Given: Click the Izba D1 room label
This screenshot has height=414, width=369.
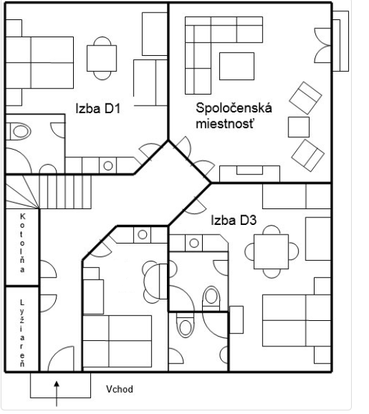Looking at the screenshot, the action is click(98, 108).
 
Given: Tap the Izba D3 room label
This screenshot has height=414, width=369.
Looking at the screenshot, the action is click(234, 220).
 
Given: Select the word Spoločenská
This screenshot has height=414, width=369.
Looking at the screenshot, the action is click(234, 108).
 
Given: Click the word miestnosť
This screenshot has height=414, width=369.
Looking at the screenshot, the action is click(226, 124).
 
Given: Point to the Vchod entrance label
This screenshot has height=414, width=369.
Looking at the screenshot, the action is click(119, 389).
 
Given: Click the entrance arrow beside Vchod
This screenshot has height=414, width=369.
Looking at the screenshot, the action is click(57, 393).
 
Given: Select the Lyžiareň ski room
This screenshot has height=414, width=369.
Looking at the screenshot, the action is click(23, 329).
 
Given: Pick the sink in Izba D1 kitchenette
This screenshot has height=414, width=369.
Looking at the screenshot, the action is click(108, 166).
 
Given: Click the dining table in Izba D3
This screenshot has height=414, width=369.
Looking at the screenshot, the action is click(271, 251).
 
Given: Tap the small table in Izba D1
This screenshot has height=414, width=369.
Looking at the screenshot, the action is click(101, 58).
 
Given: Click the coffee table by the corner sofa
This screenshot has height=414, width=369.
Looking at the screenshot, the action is click(237, 66).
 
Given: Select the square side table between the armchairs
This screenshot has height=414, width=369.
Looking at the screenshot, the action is click(299, 127).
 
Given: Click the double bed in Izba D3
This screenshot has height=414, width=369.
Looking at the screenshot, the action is click(297, 320).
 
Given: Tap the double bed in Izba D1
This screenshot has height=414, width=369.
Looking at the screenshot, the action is click(39, 63).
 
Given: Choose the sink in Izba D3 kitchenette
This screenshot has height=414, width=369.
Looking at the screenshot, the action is click(194, 243).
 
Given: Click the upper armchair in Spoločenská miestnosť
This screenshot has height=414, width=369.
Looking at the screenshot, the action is click(306, 98).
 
